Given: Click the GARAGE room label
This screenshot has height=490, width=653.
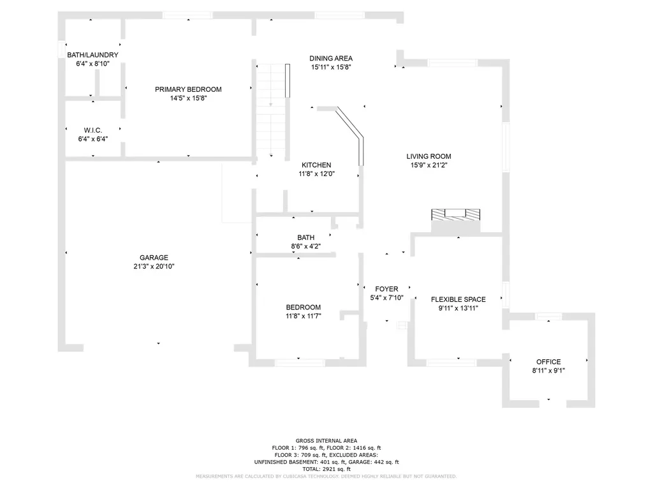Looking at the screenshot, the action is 154,258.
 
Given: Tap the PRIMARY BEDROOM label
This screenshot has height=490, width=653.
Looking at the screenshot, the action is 188,89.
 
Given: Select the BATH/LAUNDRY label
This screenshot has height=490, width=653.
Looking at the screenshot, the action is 93,55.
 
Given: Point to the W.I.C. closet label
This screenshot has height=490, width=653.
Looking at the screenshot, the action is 93,130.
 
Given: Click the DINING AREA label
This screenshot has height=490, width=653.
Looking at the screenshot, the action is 331,58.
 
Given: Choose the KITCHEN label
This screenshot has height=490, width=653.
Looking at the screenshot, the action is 316,165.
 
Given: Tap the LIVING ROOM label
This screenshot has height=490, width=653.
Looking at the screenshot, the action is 429,156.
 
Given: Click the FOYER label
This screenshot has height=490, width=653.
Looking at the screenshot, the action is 386,289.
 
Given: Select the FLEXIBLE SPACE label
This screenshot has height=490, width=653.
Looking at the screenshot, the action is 458,299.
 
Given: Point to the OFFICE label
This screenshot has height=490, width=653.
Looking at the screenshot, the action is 548,362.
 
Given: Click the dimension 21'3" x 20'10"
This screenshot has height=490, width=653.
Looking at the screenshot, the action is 154,266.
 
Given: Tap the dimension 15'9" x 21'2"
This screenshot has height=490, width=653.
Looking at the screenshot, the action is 429,165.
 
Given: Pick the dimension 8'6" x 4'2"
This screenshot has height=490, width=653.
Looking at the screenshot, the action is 305,246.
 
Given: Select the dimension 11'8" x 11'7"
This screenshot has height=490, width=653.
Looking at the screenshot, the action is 303,316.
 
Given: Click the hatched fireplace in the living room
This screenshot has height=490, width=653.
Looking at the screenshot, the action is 455,214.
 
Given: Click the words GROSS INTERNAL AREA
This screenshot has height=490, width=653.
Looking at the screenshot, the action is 326,441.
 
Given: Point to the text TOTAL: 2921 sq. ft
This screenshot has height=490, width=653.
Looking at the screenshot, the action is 326,469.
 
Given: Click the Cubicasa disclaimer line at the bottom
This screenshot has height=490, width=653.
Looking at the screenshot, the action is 326,476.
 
